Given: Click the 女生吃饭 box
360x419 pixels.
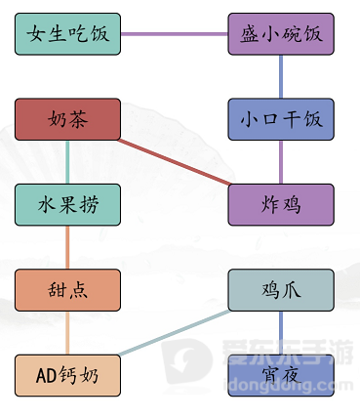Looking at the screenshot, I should (68, 34).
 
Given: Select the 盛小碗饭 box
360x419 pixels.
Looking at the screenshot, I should (281, 34).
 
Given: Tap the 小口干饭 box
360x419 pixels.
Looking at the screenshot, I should (281, 119).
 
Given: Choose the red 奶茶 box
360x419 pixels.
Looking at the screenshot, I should (68, 119).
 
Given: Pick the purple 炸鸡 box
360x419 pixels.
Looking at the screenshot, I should (281, 204).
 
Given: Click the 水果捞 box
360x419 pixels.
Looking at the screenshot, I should (68, 204).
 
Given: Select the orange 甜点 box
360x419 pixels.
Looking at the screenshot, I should (68, 289).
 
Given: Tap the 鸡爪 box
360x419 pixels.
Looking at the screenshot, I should (281, 289).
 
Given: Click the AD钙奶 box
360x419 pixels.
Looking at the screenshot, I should (68, 375).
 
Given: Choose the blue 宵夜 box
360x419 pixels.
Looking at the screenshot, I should (281, 375).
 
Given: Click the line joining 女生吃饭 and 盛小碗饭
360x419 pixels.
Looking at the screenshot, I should (175, 34).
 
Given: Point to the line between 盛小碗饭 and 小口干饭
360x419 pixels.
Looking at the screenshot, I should (281, 76).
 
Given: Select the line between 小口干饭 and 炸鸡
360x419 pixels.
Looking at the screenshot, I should (281, 161).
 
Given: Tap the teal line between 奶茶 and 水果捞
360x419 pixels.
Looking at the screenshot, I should (68, 161).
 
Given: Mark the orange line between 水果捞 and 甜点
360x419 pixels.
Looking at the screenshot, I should (68, 246).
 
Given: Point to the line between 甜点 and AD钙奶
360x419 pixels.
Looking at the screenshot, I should (68, 332).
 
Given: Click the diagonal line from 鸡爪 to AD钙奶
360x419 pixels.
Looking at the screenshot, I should (176, 332).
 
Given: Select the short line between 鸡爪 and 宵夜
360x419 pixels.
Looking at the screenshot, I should (281, 332).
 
